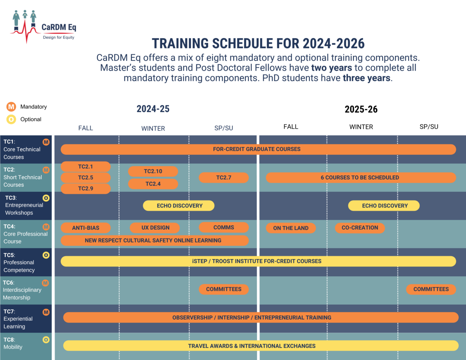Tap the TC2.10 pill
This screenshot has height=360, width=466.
coord(153,171)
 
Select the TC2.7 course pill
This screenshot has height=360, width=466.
coord(224,178)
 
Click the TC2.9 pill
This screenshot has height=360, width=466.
coord(86,189)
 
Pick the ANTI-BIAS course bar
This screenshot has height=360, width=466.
coord(86,228)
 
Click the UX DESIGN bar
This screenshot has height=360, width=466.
coord(155,228)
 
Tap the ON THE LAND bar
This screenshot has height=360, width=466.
coord(291,228)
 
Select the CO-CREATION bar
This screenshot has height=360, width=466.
coord(360,228)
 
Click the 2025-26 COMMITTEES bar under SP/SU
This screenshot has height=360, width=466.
coord(431,289)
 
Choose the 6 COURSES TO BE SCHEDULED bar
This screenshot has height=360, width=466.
coord(360,178)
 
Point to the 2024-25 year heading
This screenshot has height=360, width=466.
coord(153,109)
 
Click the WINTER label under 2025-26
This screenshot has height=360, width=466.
coord(361,127)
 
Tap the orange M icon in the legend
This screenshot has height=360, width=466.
coord(11,107)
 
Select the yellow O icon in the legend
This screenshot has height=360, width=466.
coord(11,119)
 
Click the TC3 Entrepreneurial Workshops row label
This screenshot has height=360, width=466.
coord(24,205)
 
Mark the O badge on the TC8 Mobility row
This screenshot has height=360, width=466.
coord(46,340)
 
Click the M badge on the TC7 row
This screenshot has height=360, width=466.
coord(46,312)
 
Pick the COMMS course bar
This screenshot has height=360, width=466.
coord(224,228)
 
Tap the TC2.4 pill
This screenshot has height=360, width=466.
coord(153,184)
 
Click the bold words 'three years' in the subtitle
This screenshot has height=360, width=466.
coord(367,78)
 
